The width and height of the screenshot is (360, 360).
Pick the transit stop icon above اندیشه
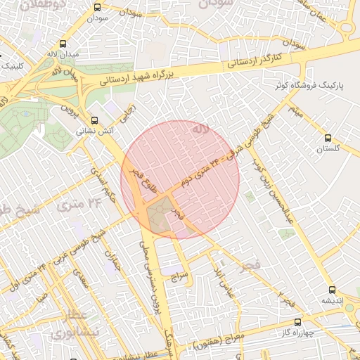click(332, 289)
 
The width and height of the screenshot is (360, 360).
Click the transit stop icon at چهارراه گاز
click(297, 323)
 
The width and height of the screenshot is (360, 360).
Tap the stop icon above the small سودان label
click(96, 8)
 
